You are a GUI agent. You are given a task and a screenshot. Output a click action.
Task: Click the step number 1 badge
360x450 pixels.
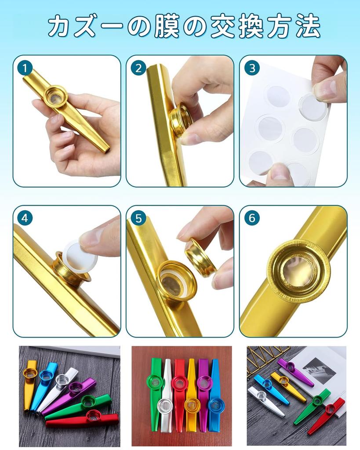point(25,68)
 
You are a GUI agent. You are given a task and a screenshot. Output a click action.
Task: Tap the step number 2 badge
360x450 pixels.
point(138,68)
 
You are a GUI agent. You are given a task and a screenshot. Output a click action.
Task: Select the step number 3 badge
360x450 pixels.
point(252,68)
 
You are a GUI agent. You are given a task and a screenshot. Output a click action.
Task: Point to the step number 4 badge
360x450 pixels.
point(25,218)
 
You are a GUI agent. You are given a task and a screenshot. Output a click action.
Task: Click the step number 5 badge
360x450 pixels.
point(138,218)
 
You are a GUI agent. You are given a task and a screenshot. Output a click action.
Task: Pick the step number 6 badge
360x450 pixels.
point(252,218)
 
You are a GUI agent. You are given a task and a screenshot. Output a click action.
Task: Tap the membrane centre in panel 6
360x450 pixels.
point(298,271)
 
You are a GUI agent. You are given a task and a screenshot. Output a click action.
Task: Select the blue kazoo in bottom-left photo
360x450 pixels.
point(42,382)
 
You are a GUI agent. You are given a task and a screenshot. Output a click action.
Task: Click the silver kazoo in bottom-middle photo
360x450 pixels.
point(166,396)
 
